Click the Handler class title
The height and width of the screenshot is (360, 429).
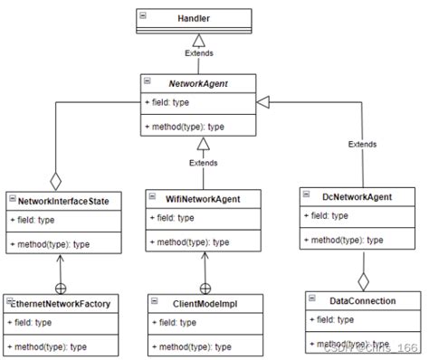(x=195, y=16)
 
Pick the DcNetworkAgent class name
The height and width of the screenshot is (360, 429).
(x=358, y=194)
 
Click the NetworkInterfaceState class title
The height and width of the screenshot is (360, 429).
(x=63, y=199)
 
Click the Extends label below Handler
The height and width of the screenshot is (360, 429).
(x=198, y=52)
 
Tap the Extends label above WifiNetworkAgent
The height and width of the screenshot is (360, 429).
(x=203, y=163)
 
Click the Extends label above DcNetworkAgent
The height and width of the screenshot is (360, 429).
(x=363, y=144)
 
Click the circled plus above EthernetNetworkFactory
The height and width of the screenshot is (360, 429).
(x=60, y=288)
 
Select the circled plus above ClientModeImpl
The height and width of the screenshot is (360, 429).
(x=205, y=288)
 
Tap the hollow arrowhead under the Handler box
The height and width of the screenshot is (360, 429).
(x=198, y=39)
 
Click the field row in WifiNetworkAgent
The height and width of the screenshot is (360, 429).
(x=175, y=217)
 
